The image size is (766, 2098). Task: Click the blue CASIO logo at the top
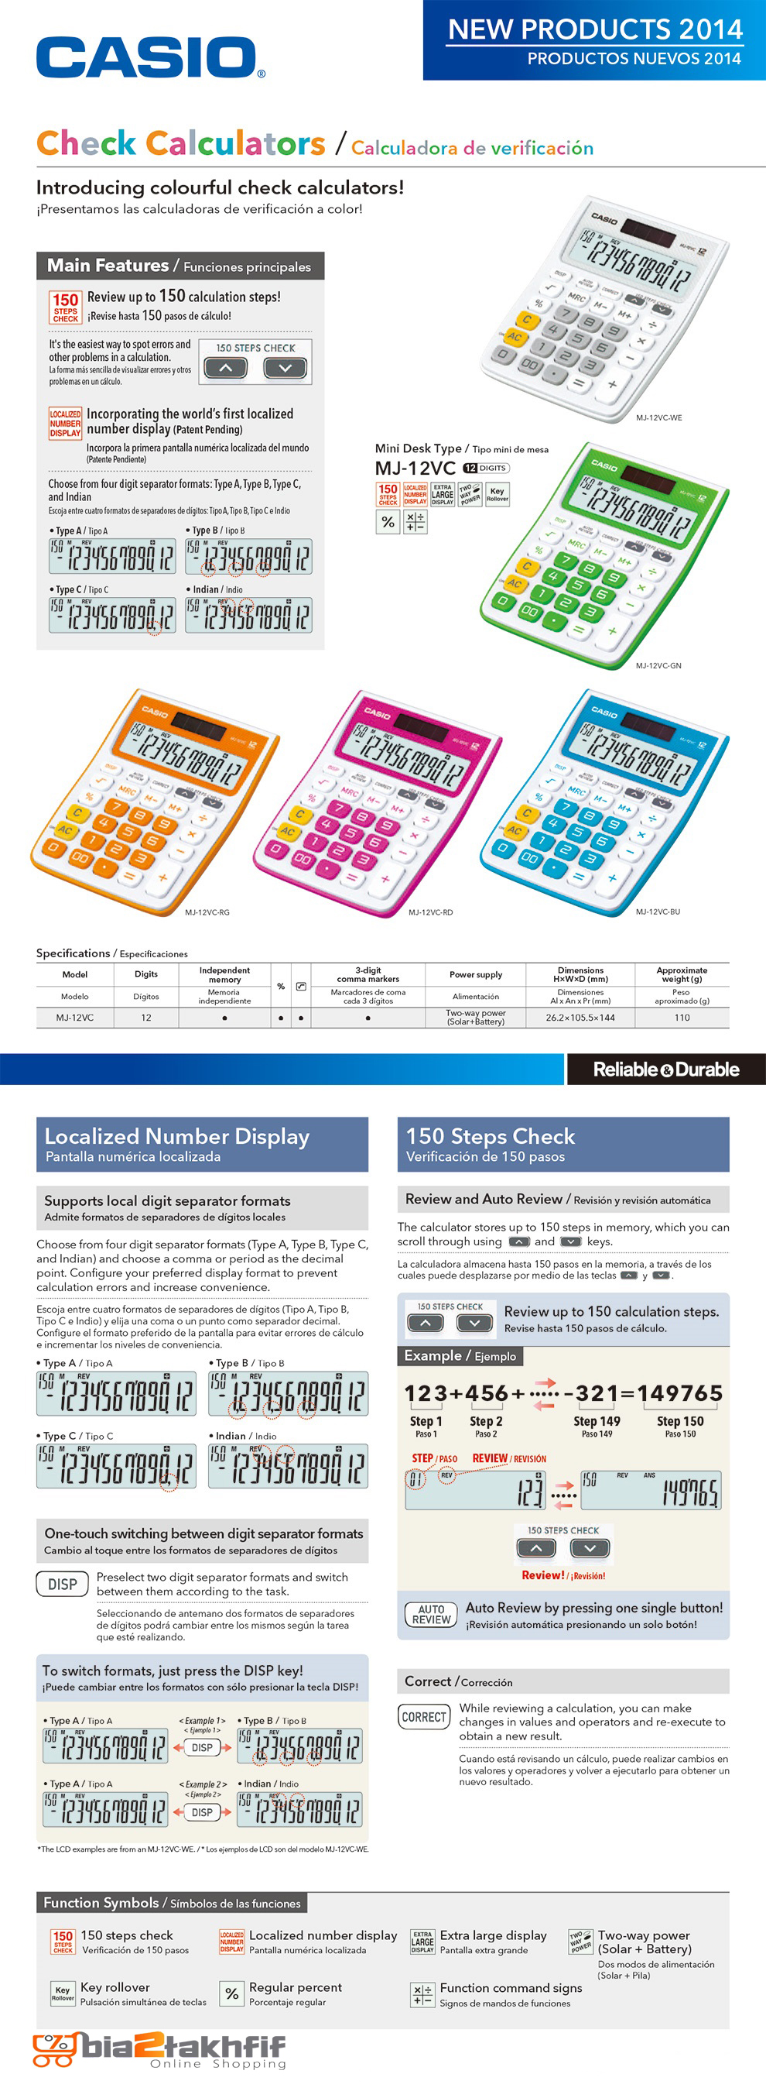tap(146, 58)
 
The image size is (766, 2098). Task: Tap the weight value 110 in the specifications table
tap(682, 1017)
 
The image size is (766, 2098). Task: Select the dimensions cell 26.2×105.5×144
tap(580, 1017)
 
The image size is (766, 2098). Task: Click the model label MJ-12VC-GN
tap(658, 665)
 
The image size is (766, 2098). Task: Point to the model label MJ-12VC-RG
tap(207, 912)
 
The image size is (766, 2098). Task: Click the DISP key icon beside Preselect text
tap(62, 1584)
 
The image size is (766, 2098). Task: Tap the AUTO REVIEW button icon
tap(431, 1614)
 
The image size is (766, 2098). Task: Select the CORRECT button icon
tap(424, 1717)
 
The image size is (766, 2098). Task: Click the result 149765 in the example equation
tap(679, 1393)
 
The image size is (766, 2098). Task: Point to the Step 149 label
tap(597, 1421)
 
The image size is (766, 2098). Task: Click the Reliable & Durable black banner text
tap(666, 1070)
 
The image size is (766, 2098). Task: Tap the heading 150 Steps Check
tap(490, 1136)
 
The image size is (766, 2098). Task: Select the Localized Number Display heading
tap(176, 1136)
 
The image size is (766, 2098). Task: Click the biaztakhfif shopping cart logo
tap(53, 2051)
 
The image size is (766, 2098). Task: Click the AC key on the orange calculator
tap(65, 830)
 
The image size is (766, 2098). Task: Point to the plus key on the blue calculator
tap(612, 877)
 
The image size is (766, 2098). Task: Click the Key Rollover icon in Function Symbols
tap(63, 1992)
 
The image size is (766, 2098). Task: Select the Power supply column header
tap(475, 974)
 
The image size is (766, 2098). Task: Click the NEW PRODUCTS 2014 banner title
tap(595, 30)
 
